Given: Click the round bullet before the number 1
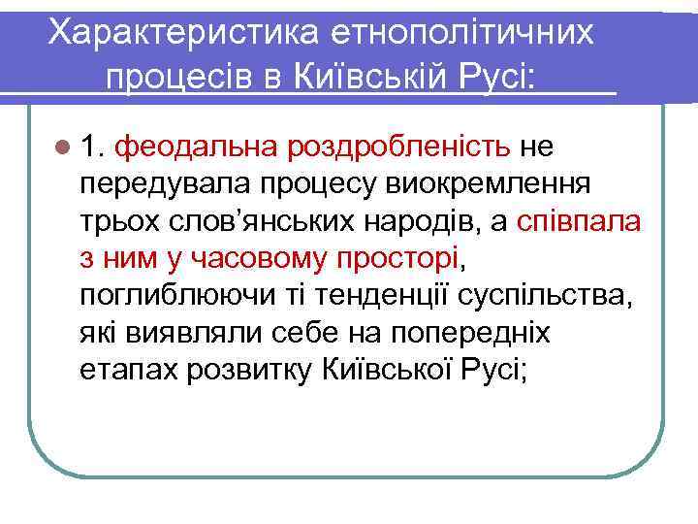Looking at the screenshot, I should [x=64, y=147].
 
